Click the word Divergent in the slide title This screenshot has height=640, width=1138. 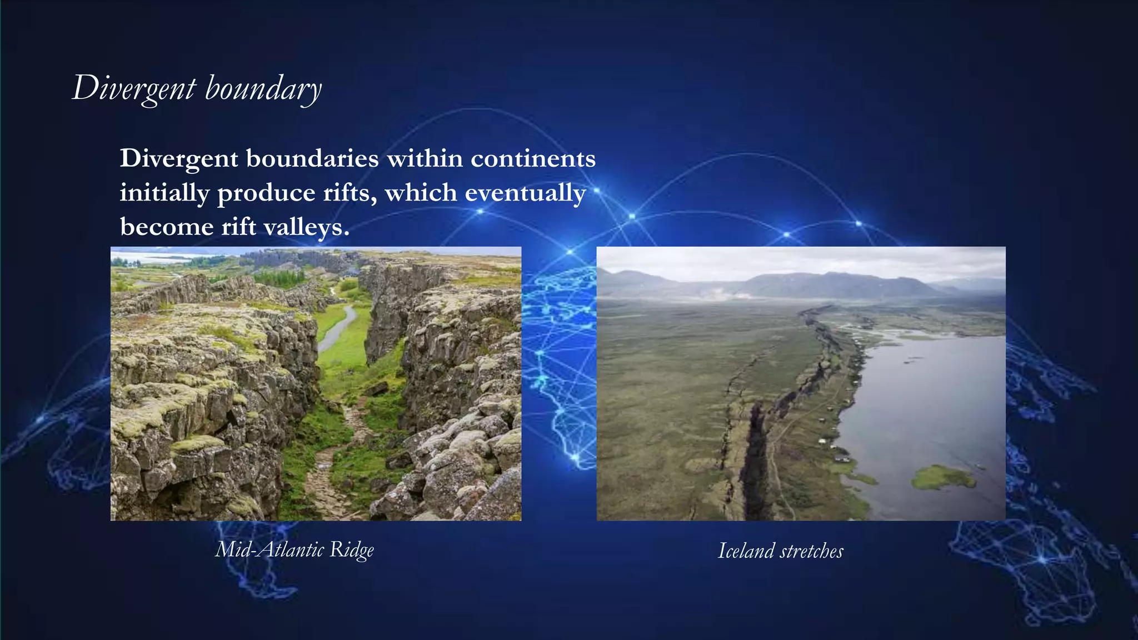[134, 89]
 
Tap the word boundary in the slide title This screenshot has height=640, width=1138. [263, 89]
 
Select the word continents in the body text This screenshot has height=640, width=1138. [533, 159]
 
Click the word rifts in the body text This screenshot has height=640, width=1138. [351, 193]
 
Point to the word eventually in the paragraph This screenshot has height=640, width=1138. [525, 193]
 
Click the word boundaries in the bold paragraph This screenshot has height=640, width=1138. [312, 159]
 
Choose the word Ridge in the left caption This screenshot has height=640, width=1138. [352, 550]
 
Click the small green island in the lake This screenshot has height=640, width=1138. [943, 477]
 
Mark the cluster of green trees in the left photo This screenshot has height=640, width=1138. [281, 278]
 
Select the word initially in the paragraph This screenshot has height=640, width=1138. [164, 193]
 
